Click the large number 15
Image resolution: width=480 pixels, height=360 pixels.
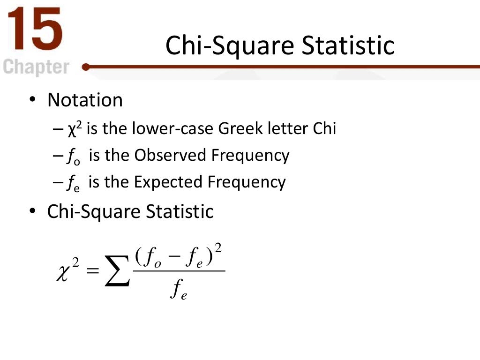pyautogui.click(x=34, y=29)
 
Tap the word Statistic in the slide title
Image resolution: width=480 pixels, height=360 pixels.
pyautogui.click(x=348, y=45)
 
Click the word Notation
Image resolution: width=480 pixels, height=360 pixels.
pyautogui.click(x=85, y=100)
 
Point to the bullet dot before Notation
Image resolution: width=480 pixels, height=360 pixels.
pyautogui.click(x=31, y=100)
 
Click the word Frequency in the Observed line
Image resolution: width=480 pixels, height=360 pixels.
pyautogui.click(x=250, y=156)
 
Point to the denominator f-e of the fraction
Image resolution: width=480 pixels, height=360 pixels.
pyautogui.click(x=179, y=292)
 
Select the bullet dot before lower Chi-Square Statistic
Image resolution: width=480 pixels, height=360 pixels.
pyautogui.click(x=31, y=211)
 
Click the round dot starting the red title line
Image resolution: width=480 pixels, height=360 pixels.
pyautogui.click(x=86, y=67)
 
